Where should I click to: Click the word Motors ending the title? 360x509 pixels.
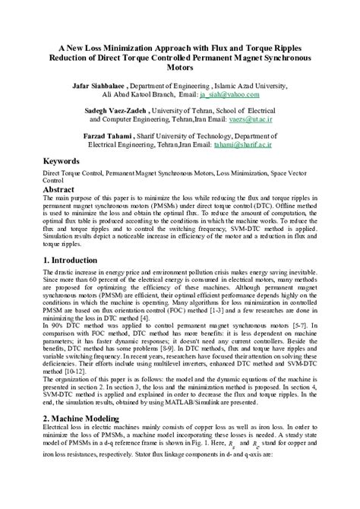pos(179,66)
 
